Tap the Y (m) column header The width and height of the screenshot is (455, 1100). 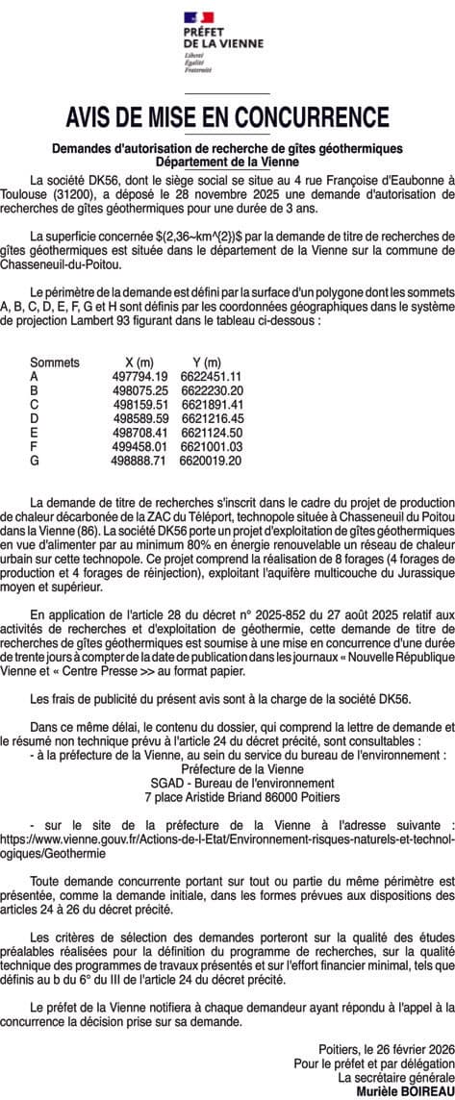point(204,362)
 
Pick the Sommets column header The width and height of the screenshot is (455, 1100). point(54,362)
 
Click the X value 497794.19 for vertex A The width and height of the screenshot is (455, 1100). point(140,376)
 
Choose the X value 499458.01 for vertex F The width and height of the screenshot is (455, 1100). point(140,447)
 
